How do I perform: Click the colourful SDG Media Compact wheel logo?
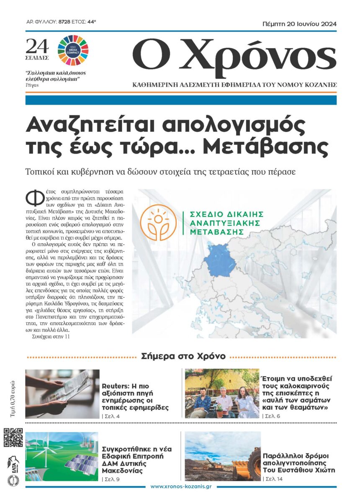(73, 49)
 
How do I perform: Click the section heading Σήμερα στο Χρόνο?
(183, 356)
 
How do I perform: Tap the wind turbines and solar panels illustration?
(62, 457)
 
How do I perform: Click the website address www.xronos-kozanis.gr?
(180, 486)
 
